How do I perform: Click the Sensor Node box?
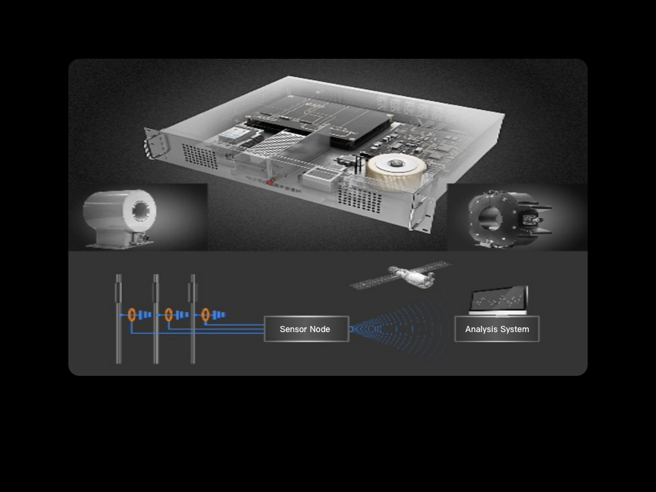tap(307, 329)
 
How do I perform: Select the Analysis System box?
tap(497, 329)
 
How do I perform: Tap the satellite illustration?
tap(401, 275)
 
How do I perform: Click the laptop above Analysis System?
tap(498, 301)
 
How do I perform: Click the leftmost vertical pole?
tap(119, 319)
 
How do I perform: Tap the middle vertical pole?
tap(156, 319)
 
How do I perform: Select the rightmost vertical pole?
tap(193, 319)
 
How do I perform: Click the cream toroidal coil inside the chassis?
tap(396, 169)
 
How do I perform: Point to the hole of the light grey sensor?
tap(141, 210)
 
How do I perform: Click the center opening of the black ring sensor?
tap(489, 217)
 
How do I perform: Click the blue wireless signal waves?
tap(398, 329)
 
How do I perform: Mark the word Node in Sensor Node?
tap(320, 329)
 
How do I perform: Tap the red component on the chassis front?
tap(271, 182)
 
